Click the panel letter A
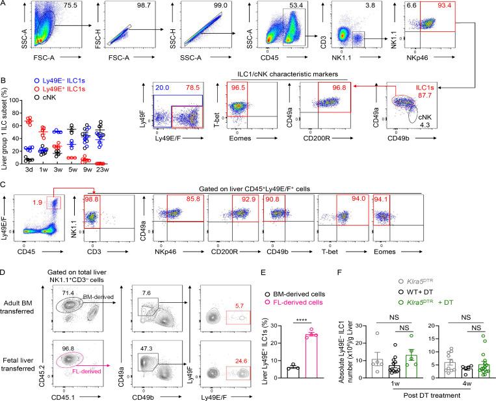click(x=5, y=5)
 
